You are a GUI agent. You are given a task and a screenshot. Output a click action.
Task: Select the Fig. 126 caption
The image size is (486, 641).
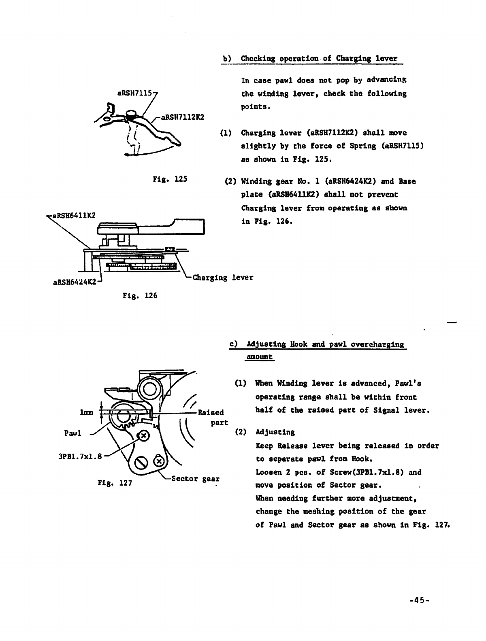tap(139, 295)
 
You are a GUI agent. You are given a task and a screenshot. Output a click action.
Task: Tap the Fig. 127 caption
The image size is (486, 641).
tap(115, 483)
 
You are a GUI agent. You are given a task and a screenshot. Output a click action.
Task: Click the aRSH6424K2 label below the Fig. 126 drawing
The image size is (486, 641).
tap(75, 282)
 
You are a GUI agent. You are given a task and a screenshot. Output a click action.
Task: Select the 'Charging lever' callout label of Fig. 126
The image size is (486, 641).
tap(223, 278)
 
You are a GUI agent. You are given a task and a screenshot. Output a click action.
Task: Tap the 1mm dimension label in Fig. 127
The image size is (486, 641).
tap(87, 413)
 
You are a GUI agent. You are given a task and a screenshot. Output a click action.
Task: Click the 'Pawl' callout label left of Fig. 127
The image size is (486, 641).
tap(73, 433)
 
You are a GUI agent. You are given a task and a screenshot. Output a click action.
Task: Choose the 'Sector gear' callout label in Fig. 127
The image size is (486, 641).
tap(196, 479)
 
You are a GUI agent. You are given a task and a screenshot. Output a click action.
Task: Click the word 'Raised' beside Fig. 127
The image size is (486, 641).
tap(210, 413)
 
